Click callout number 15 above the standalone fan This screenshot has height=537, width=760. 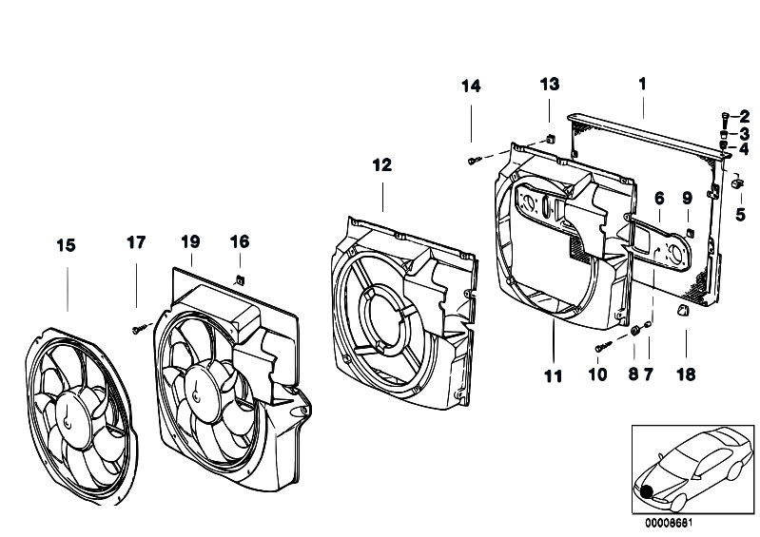pyautogui.click(x=66, y=245)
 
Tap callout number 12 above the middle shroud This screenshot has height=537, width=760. pyautogui.click(x=382, y=165)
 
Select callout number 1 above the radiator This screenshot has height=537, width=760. pyautogui.click(x=643, y=85)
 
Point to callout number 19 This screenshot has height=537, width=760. pyautogui.click(x=190, y=241)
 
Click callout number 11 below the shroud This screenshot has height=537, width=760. pyautogui.click(x=553, y=375)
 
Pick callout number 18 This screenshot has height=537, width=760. pyautogui.click(x=686, y=374)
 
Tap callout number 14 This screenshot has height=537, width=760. pyautogui.click(x=471, y=86)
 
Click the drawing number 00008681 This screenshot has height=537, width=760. pyautogui.click(x=669, y=523)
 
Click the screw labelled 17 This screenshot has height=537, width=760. pyautogui.click(x=138, y=329)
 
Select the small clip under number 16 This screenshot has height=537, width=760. pyautogui.click(x=240, y=279)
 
